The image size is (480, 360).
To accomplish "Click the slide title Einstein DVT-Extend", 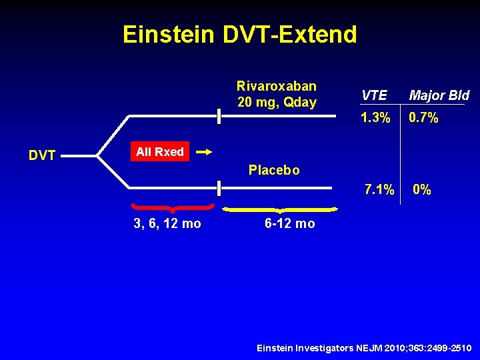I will (x=239, y=35).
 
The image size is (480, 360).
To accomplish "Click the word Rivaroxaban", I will (x=276, y=86).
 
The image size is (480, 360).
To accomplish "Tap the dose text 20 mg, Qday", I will (x=276, y=102).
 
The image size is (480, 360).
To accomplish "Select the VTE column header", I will (x=373, y=95).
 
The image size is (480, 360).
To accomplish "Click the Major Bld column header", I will (x=439, y=95).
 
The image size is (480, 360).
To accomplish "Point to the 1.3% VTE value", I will (x=375, y=118).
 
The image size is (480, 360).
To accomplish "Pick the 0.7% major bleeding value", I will (x=423, y=118).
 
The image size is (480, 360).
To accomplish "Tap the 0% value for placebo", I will (x=421, y=190).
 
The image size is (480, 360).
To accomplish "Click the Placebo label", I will (x=274, y=170).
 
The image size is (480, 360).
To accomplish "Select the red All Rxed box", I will (x=160, y=152).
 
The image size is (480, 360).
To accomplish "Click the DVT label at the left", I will (x=41, y=155).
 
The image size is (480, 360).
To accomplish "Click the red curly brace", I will (x=173, y=208).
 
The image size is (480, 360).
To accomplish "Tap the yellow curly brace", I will (x=279, y=210).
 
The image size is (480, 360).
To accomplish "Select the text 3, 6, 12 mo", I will (x=167, y=224).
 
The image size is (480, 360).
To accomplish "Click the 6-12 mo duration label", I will (x=289, y=224).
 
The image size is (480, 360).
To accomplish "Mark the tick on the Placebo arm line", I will (x=219, y=189).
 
